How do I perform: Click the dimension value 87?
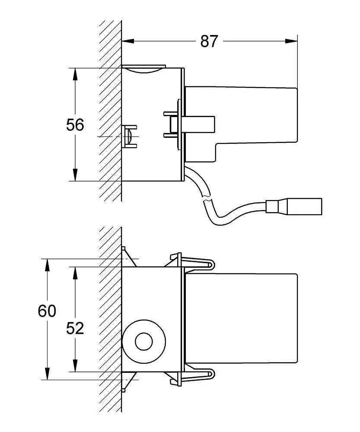pos(209,41)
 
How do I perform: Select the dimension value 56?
pos(75,125)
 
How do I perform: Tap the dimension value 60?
pos(47,311)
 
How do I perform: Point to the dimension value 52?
pos(75,328)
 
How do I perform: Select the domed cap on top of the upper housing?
pos(143,68)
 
